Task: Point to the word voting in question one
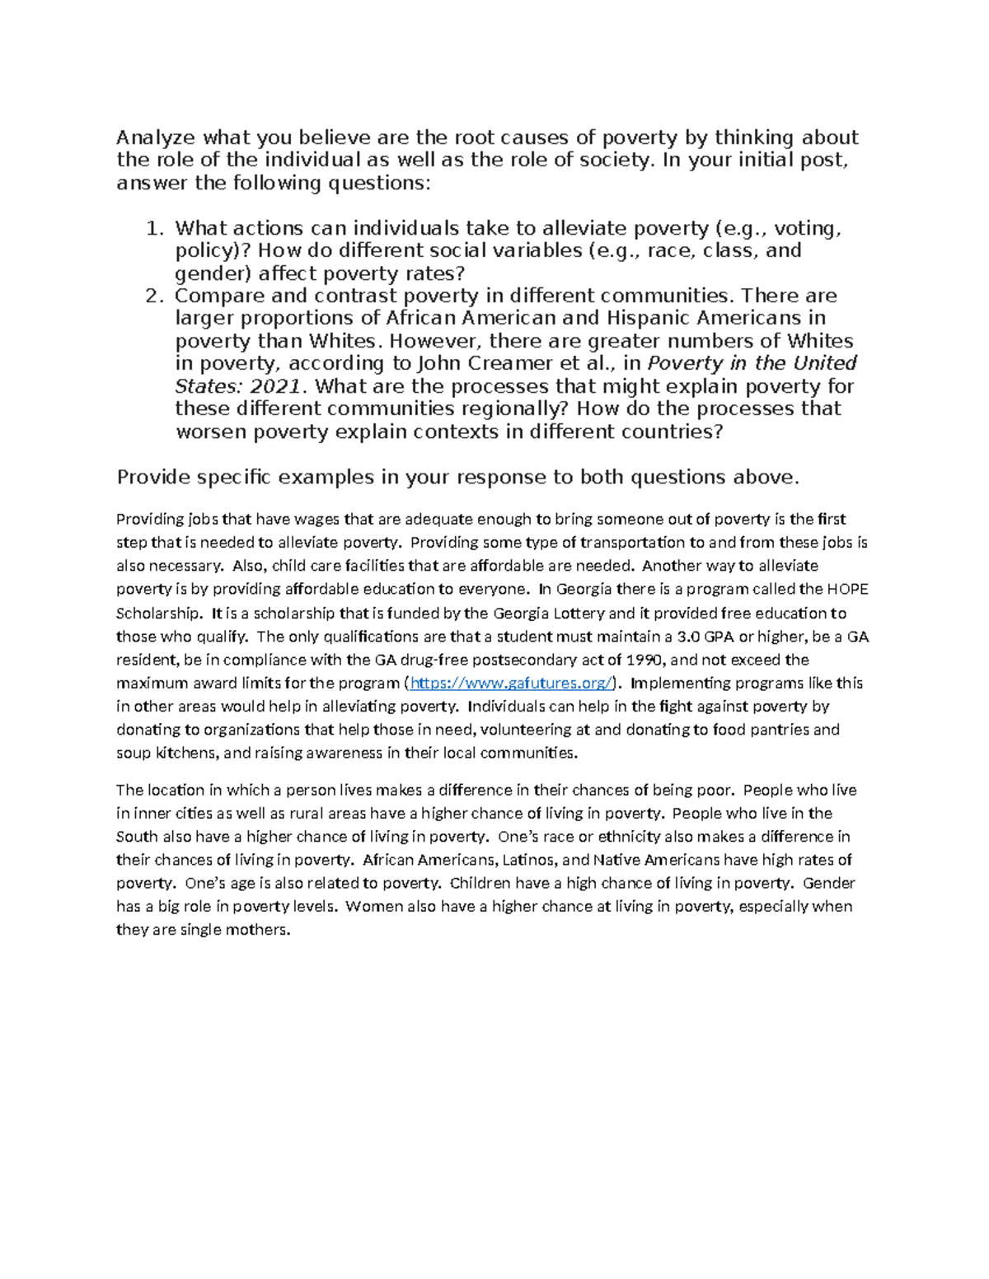807,228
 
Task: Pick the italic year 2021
275,386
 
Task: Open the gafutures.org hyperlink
512,683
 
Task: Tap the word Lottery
578,613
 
